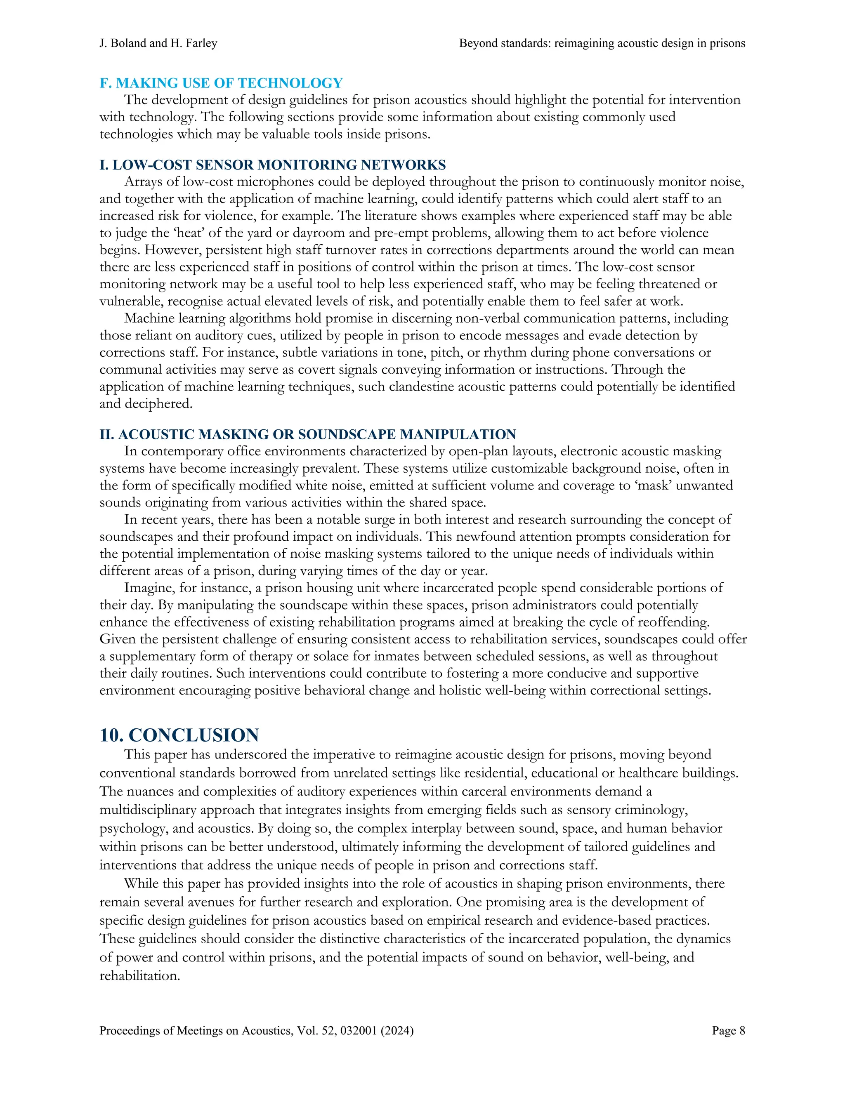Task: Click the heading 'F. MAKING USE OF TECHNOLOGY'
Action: [221, 83]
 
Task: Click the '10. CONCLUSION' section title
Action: [179, 735]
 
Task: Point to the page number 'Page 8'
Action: [728, 1030]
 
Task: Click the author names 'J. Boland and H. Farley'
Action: [158, 44]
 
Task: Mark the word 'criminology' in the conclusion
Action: [651, 810]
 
